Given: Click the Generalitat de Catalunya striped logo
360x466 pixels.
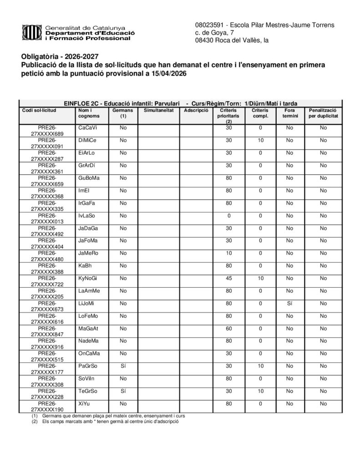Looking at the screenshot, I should [31, 32].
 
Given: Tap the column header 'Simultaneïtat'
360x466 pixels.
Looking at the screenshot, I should [158, 110].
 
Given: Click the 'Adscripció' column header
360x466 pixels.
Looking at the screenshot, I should [196, 110].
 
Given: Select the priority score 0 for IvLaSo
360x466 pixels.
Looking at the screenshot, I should [229, 215].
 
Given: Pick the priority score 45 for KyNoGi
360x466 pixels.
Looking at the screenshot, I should [229, 278].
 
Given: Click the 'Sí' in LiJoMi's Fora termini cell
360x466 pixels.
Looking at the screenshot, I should [289, 303].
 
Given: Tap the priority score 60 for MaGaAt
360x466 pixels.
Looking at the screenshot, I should [229, 328].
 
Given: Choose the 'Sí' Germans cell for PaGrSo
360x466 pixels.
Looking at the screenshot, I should [123, 366].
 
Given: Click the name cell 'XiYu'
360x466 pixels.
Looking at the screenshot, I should [84, 403].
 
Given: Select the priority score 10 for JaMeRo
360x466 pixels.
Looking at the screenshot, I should [229, 253].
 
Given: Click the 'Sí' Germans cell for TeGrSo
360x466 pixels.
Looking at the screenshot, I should [123, 391].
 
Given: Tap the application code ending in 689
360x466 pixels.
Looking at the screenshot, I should [47, 131].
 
